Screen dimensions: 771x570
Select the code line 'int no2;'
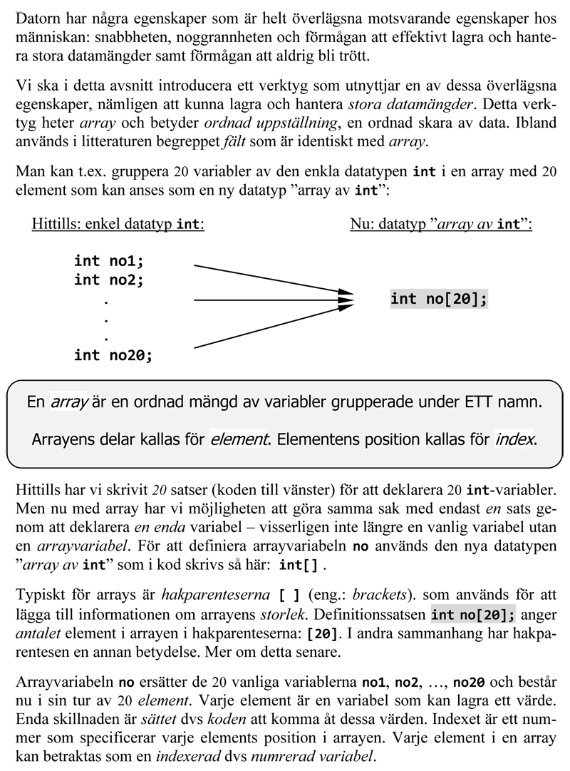click(x=109, y=280)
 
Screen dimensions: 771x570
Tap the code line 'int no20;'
click(x=113, y=354)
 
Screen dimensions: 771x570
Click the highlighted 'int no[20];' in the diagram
click(x=439, y=299)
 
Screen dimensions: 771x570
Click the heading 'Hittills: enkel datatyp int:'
click(x=118, y=224)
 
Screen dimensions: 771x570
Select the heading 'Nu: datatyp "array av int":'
click(x=441, y=224)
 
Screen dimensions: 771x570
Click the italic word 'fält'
click(x=232, y=141)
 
